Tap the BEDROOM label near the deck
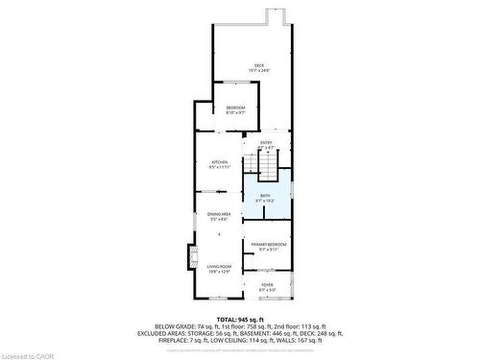click(236, 107)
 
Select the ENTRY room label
click(266, 143)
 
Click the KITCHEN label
click(220, 162)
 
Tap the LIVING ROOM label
click(220, 267)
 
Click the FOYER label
click(266, 284)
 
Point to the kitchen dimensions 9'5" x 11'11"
click(220, 168)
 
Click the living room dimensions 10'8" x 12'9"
click(220, 273)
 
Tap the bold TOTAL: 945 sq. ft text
click(239, 319)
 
